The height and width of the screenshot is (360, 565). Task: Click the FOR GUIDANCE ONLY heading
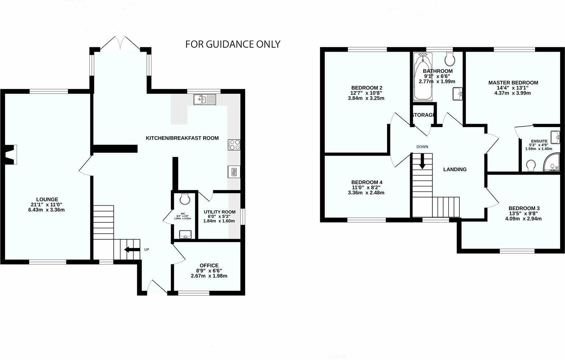[233, 44]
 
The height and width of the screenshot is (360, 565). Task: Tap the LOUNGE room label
[47, 199]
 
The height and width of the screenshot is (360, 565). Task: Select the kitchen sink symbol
[205, 99]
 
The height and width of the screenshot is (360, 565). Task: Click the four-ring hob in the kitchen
[234, 145]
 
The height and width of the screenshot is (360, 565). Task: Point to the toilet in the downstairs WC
[184, 199]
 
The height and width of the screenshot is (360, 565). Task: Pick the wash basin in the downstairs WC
[184, 235]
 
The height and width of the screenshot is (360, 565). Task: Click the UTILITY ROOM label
[220, 212]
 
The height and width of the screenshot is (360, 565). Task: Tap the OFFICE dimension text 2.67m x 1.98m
[209, 276]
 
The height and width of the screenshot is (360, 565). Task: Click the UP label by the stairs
[147, 250]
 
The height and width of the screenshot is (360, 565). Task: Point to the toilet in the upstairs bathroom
[450, 60]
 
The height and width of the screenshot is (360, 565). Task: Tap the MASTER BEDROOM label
[513, 83]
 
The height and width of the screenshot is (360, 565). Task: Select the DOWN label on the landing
[422, 147]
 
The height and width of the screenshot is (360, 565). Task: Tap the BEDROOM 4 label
[366, 182]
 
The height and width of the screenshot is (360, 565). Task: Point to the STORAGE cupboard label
[423, 115]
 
